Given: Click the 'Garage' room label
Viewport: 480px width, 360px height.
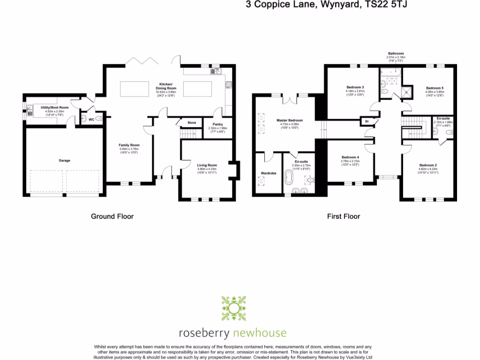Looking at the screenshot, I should pyautogui.click(x=64, y=161).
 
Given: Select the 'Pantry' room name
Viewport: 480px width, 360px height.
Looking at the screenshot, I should pyautogui.click(x=217, y=124).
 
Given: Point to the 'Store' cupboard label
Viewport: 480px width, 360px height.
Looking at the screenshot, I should pyautogui.click(x=192, y=123).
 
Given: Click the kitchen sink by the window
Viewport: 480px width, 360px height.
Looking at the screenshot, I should pyautogui.click(x=217, y=72).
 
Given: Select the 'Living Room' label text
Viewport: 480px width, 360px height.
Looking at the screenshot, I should pyautogui.click(x=207, y=165).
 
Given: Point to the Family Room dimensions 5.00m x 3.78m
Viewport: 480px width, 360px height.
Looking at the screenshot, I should pyautogui.click(x=129, y=149).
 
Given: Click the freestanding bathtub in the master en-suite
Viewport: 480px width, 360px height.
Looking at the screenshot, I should pyautogui.click(x=292, y=180).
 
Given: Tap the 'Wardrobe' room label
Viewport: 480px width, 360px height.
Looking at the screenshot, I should pyautogui.click(x=269, y=173).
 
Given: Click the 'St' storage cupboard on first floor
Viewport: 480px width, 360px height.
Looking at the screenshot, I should pyautogui.click(x=367, y=121).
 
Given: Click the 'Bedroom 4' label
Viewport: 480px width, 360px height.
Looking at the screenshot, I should pyautogui.click(x=350, y=157).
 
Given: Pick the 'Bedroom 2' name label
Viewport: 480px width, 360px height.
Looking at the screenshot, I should pyautogui.click(x=428, y=165).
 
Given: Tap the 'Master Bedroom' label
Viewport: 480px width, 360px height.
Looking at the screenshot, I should pyautogui.click(x=289, y=120).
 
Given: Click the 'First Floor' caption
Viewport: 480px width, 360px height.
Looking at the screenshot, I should pyautogui.click(x=343, y=217).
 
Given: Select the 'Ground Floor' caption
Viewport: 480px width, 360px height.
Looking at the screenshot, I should pyautogui.click(x=112, y=217).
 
